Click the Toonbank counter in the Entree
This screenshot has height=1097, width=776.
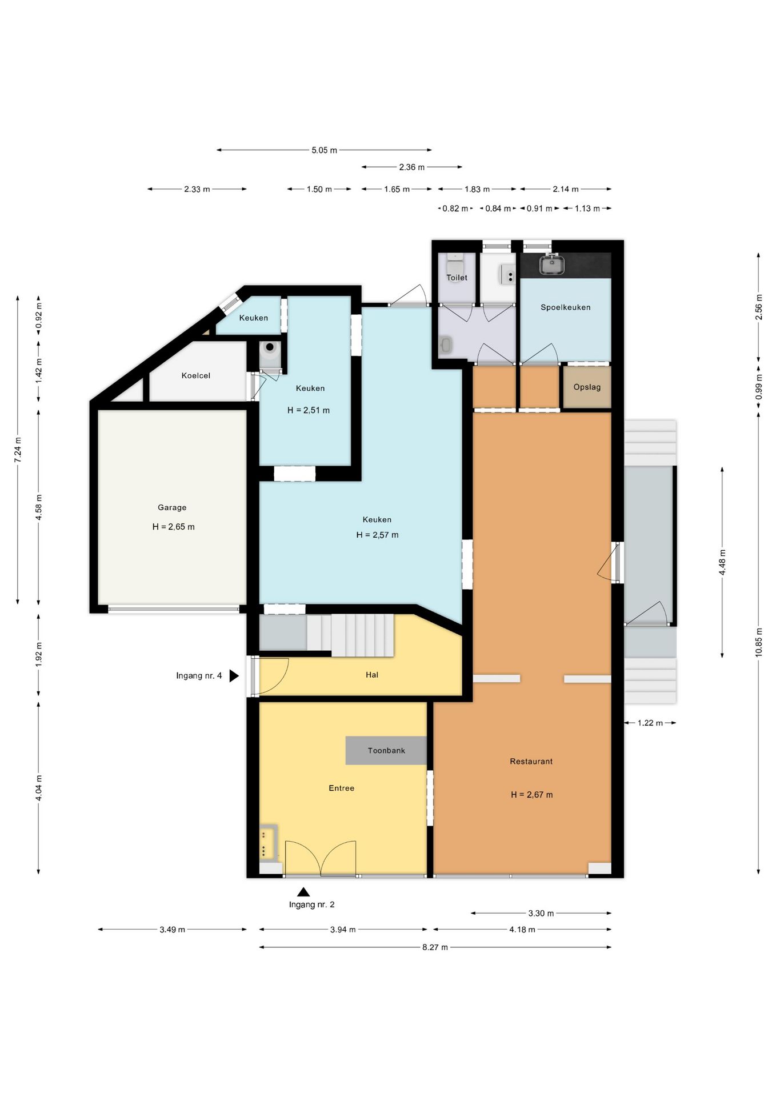coord(386,750)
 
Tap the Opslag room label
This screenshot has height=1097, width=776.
coord(587,387)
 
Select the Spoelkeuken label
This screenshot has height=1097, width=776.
coord(565,307)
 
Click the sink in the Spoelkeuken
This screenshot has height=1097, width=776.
coord(552,264)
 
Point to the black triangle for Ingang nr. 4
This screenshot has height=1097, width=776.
coord(234,676)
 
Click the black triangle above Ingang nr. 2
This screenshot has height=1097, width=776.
coord(303,891)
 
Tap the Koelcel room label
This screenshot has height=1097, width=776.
coord(195,375)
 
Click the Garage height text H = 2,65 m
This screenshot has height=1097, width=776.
coord(173,527)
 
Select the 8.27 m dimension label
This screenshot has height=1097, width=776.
coord(435,947)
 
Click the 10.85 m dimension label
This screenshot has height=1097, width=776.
coord(759,642)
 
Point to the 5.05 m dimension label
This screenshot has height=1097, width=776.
coord(324,150)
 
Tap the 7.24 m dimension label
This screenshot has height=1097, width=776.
coord(18,449)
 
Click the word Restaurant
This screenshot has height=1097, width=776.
coord(531,761)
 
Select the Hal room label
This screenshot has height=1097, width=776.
coord(372,675)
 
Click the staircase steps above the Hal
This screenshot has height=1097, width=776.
coord(351,635)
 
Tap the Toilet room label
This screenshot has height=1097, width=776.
coord(457,278)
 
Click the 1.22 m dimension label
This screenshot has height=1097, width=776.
coord(650,723)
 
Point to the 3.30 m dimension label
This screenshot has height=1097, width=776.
coord(541,913)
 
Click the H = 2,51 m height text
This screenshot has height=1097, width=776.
coord(308,410)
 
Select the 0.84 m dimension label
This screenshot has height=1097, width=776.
coord(498,209)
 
